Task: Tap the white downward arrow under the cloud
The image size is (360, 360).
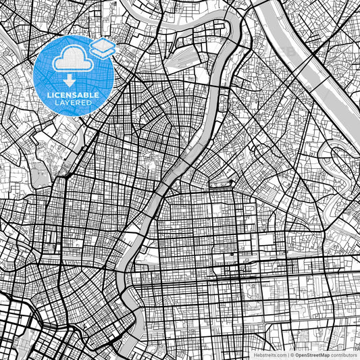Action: (x=66, y=81)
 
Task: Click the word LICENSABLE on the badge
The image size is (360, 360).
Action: (x=73, y=95)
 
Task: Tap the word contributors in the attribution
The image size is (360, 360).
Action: (x=345, y=354)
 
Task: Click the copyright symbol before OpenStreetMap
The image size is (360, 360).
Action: (x=293, y=354)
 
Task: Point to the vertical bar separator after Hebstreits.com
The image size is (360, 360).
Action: (x=288, y=354)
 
